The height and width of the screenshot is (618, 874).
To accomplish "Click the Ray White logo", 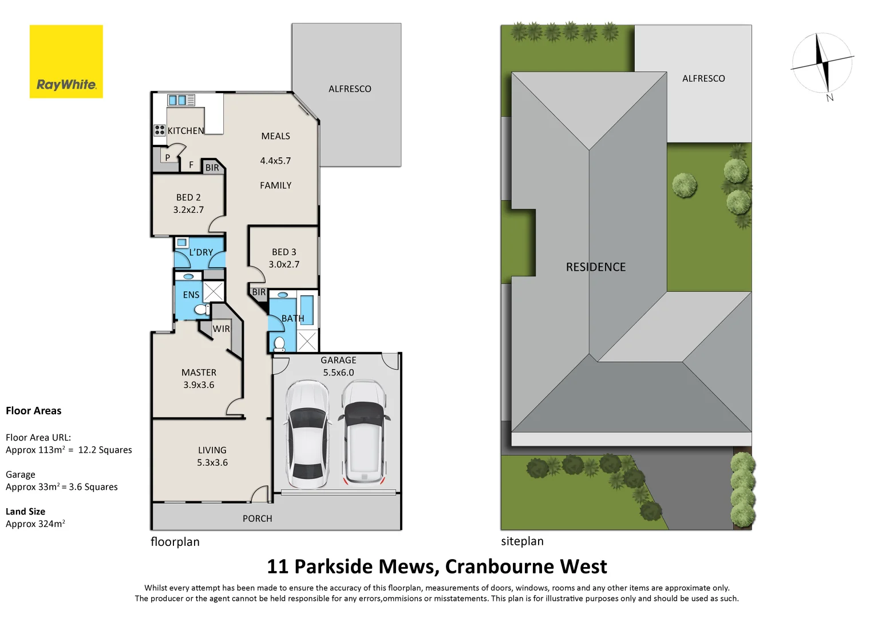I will pos(66,62).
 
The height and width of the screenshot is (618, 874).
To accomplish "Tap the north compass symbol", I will pos(822,63).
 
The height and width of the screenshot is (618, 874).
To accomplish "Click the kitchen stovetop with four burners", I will pos(160,130).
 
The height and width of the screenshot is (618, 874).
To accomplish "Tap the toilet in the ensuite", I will pos(201,310).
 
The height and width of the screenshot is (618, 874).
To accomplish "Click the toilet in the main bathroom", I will pos(279,344).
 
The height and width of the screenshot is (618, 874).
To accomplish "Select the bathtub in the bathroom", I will pos(306,311).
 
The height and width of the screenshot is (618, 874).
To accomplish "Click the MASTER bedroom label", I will pos(199,373).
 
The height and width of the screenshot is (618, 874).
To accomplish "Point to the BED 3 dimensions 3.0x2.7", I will pos(284,264).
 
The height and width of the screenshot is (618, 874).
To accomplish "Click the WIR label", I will pos(221,329).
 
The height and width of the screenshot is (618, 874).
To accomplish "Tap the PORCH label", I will pos(257,518).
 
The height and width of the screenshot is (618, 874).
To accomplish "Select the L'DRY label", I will pos(201,252).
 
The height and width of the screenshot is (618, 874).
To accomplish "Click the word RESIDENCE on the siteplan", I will pos(595,267).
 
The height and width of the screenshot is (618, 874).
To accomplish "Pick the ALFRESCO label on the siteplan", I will pos(703,78).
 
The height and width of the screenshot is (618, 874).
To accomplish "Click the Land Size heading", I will pos(25,512).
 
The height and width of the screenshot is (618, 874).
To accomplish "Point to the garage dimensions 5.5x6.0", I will pos(338,373).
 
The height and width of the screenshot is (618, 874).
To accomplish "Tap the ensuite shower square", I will pos(214,291).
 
